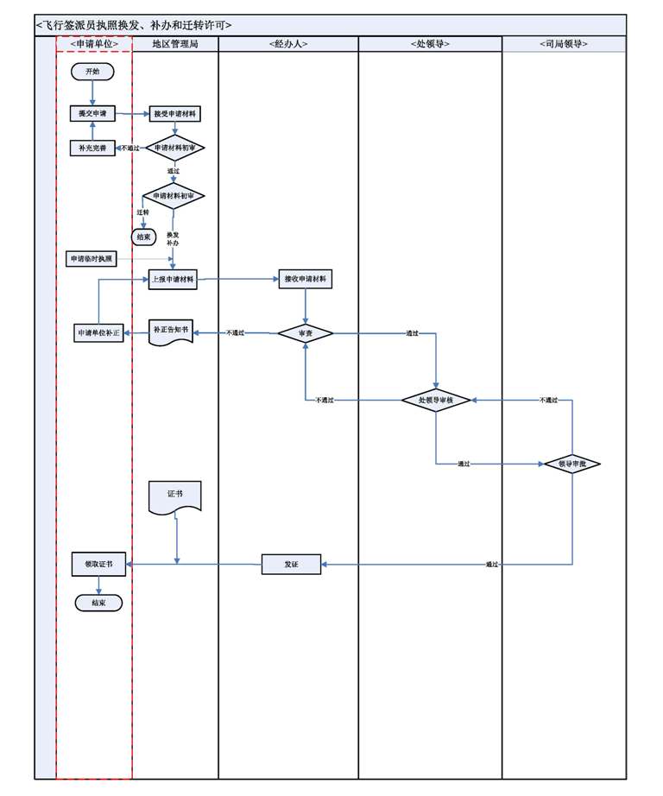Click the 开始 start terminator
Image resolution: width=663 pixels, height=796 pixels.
pyautogui.click(x=92, y=72)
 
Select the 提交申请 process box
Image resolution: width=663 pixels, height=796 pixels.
pyautogui.click(x=92, y=113)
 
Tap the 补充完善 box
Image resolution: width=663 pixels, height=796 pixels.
pyautogui.click(x=92, y=148)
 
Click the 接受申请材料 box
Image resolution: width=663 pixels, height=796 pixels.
pyautogui.click(x=175, y=113)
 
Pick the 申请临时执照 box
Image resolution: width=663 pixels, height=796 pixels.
pyautogui.click(x=92, y=258)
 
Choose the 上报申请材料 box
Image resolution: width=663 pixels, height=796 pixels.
pyautogui.click(x=173, y=280)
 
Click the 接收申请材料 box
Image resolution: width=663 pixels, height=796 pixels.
pyautogui.click(x=305, y=280)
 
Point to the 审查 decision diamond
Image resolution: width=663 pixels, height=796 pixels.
pyautogui.click(x=305, y=332)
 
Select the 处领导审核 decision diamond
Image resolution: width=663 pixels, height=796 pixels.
pyautogui.click(x=436, y=400)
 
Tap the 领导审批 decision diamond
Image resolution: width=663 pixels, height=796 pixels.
pyautogui.click(x=571, y=464)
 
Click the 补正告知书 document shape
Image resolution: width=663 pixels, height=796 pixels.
pyautogui.click(x=171, y=332)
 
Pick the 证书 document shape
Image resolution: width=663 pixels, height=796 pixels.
pyautogui.click(x=175, y=496)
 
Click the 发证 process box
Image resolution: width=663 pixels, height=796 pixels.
pyautogui.click(x=291, y=565)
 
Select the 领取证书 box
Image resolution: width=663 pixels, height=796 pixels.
pyautogui.click(x=99, y=565)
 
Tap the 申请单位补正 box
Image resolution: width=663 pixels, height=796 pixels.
pyautogui.click(x=99, y=332)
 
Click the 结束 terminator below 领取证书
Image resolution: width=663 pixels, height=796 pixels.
pyautogui.click(x=98, y=603)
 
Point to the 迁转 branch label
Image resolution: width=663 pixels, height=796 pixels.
pyautogui.click(x=142, y=212)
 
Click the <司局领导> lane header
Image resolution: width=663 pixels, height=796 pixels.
pyautogui.click(x=563, y=44)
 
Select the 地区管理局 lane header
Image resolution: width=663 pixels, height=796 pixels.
pyautogui.click(x=174, y=44)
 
